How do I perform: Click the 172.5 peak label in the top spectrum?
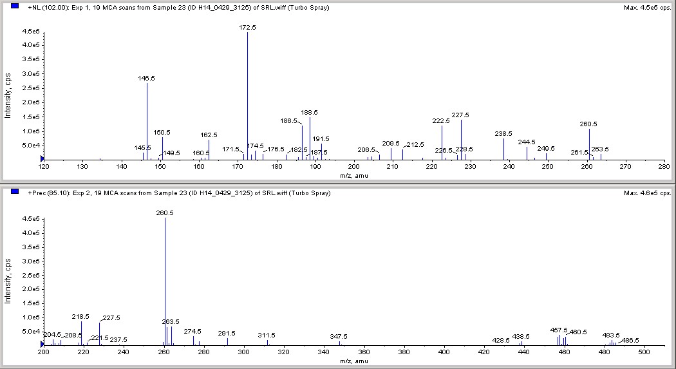pos(247,28)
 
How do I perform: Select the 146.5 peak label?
pos(146,78)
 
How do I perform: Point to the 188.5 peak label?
pos(310,112)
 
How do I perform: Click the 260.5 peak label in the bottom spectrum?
pos(165,213)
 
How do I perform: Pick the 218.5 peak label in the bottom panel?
pos(80,316)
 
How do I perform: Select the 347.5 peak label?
pos(339,336)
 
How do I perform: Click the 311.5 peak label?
pos(267,336)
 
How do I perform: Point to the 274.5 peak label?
pos(192,331)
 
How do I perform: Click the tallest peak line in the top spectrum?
pos(247,97)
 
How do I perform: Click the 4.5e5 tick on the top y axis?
pos(32,31)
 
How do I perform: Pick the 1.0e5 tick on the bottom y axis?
pos(32,317)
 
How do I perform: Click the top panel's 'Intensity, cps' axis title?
pos(8,96)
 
